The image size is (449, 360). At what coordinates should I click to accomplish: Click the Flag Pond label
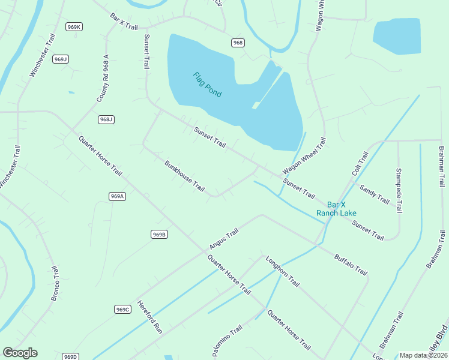pos(207,85)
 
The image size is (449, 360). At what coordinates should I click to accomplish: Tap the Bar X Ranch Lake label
pos(337,209)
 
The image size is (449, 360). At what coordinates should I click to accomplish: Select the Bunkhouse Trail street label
pos(185,175)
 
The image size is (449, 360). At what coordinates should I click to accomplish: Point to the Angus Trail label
pos(224,239)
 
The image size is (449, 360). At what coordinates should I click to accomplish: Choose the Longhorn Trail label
pos(282,273)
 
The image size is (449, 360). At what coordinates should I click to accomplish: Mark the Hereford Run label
pos(150,316)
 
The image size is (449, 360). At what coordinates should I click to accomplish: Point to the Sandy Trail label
pos(375,194)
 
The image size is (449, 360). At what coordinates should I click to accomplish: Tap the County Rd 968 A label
pos(103,78)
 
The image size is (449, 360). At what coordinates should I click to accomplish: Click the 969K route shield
pos(74,27)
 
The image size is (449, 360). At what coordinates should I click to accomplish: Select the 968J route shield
pos(106,119)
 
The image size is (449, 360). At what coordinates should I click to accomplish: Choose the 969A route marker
pos(117,196)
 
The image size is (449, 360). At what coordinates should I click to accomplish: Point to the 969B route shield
pos(159,234)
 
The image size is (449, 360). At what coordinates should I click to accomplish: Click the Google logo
pos(20,353)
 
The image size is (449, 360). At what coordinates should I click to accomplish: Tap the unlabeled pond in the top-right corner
pos(397,37)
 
